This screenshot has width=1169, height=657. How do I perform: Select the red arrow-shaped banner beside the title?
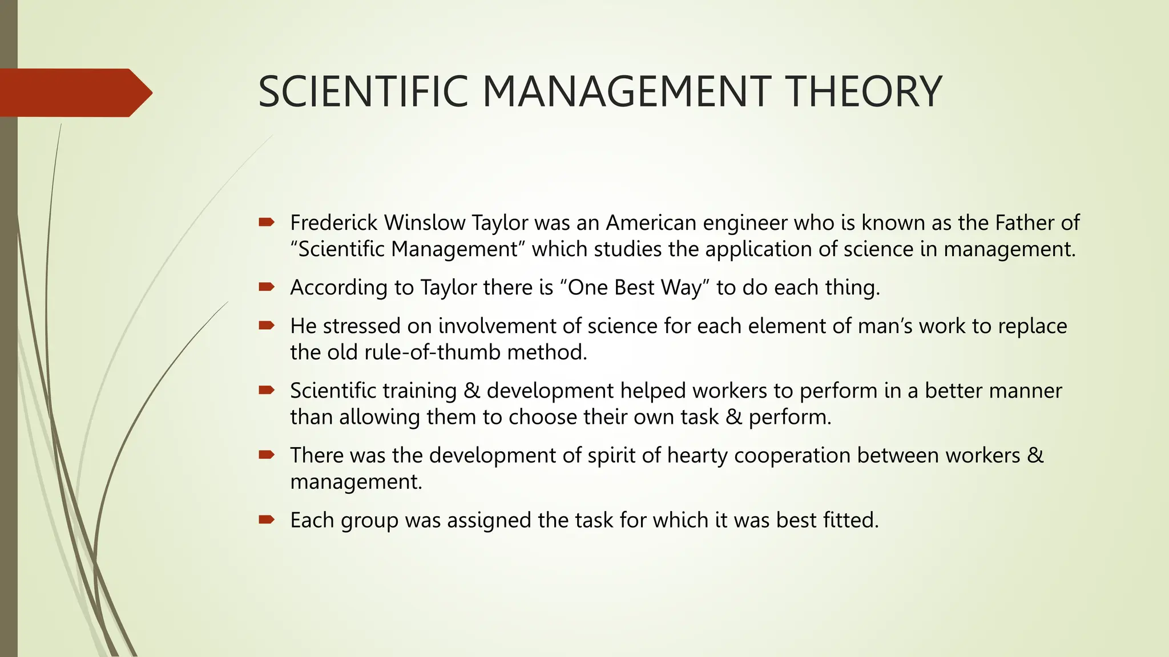coord(74,92)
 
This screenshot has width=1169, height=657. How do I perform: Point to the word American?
coord(651,222)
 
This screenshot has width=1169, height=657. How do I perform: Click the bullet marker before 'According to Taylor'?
coord(267,287)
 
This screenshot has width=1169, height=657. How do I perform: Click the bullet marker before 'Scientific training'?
coord(267,390)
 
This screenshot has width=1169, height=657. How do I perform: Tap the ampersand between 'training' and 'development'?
coord(471,391)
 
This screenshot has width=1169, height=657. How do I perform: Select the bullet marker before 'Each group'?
coord(267,520)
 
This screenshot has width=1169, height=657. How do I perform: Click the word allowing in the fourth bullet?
coord(380,417)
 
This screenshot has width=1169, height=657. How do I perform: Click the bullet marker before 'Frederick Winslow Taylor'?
coord(267,222)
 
